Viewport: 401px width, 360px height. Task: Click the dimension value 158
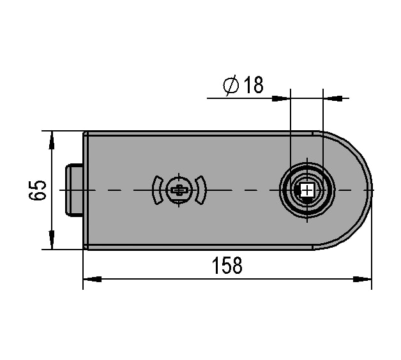[227, 266]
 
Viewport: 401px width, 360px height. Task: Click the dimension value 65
[37, 190]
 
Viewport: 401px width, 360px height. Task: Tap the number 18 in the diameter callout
[253, 85]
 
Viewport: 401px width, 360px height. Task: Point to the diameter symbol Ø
[231, 85]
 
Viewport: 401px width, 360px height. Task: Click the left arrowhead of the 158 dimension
[92, 279]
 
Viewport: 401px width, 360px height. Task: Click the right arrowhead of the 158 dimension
[362, 279]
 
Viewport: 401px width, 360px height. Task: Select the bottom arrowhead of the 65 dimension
[52, 240]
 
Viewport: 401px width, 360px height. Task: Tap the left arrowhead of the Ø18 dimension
[281, 98]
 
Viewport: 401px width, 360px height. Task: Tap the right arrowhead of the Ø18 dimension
[333, 98]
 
